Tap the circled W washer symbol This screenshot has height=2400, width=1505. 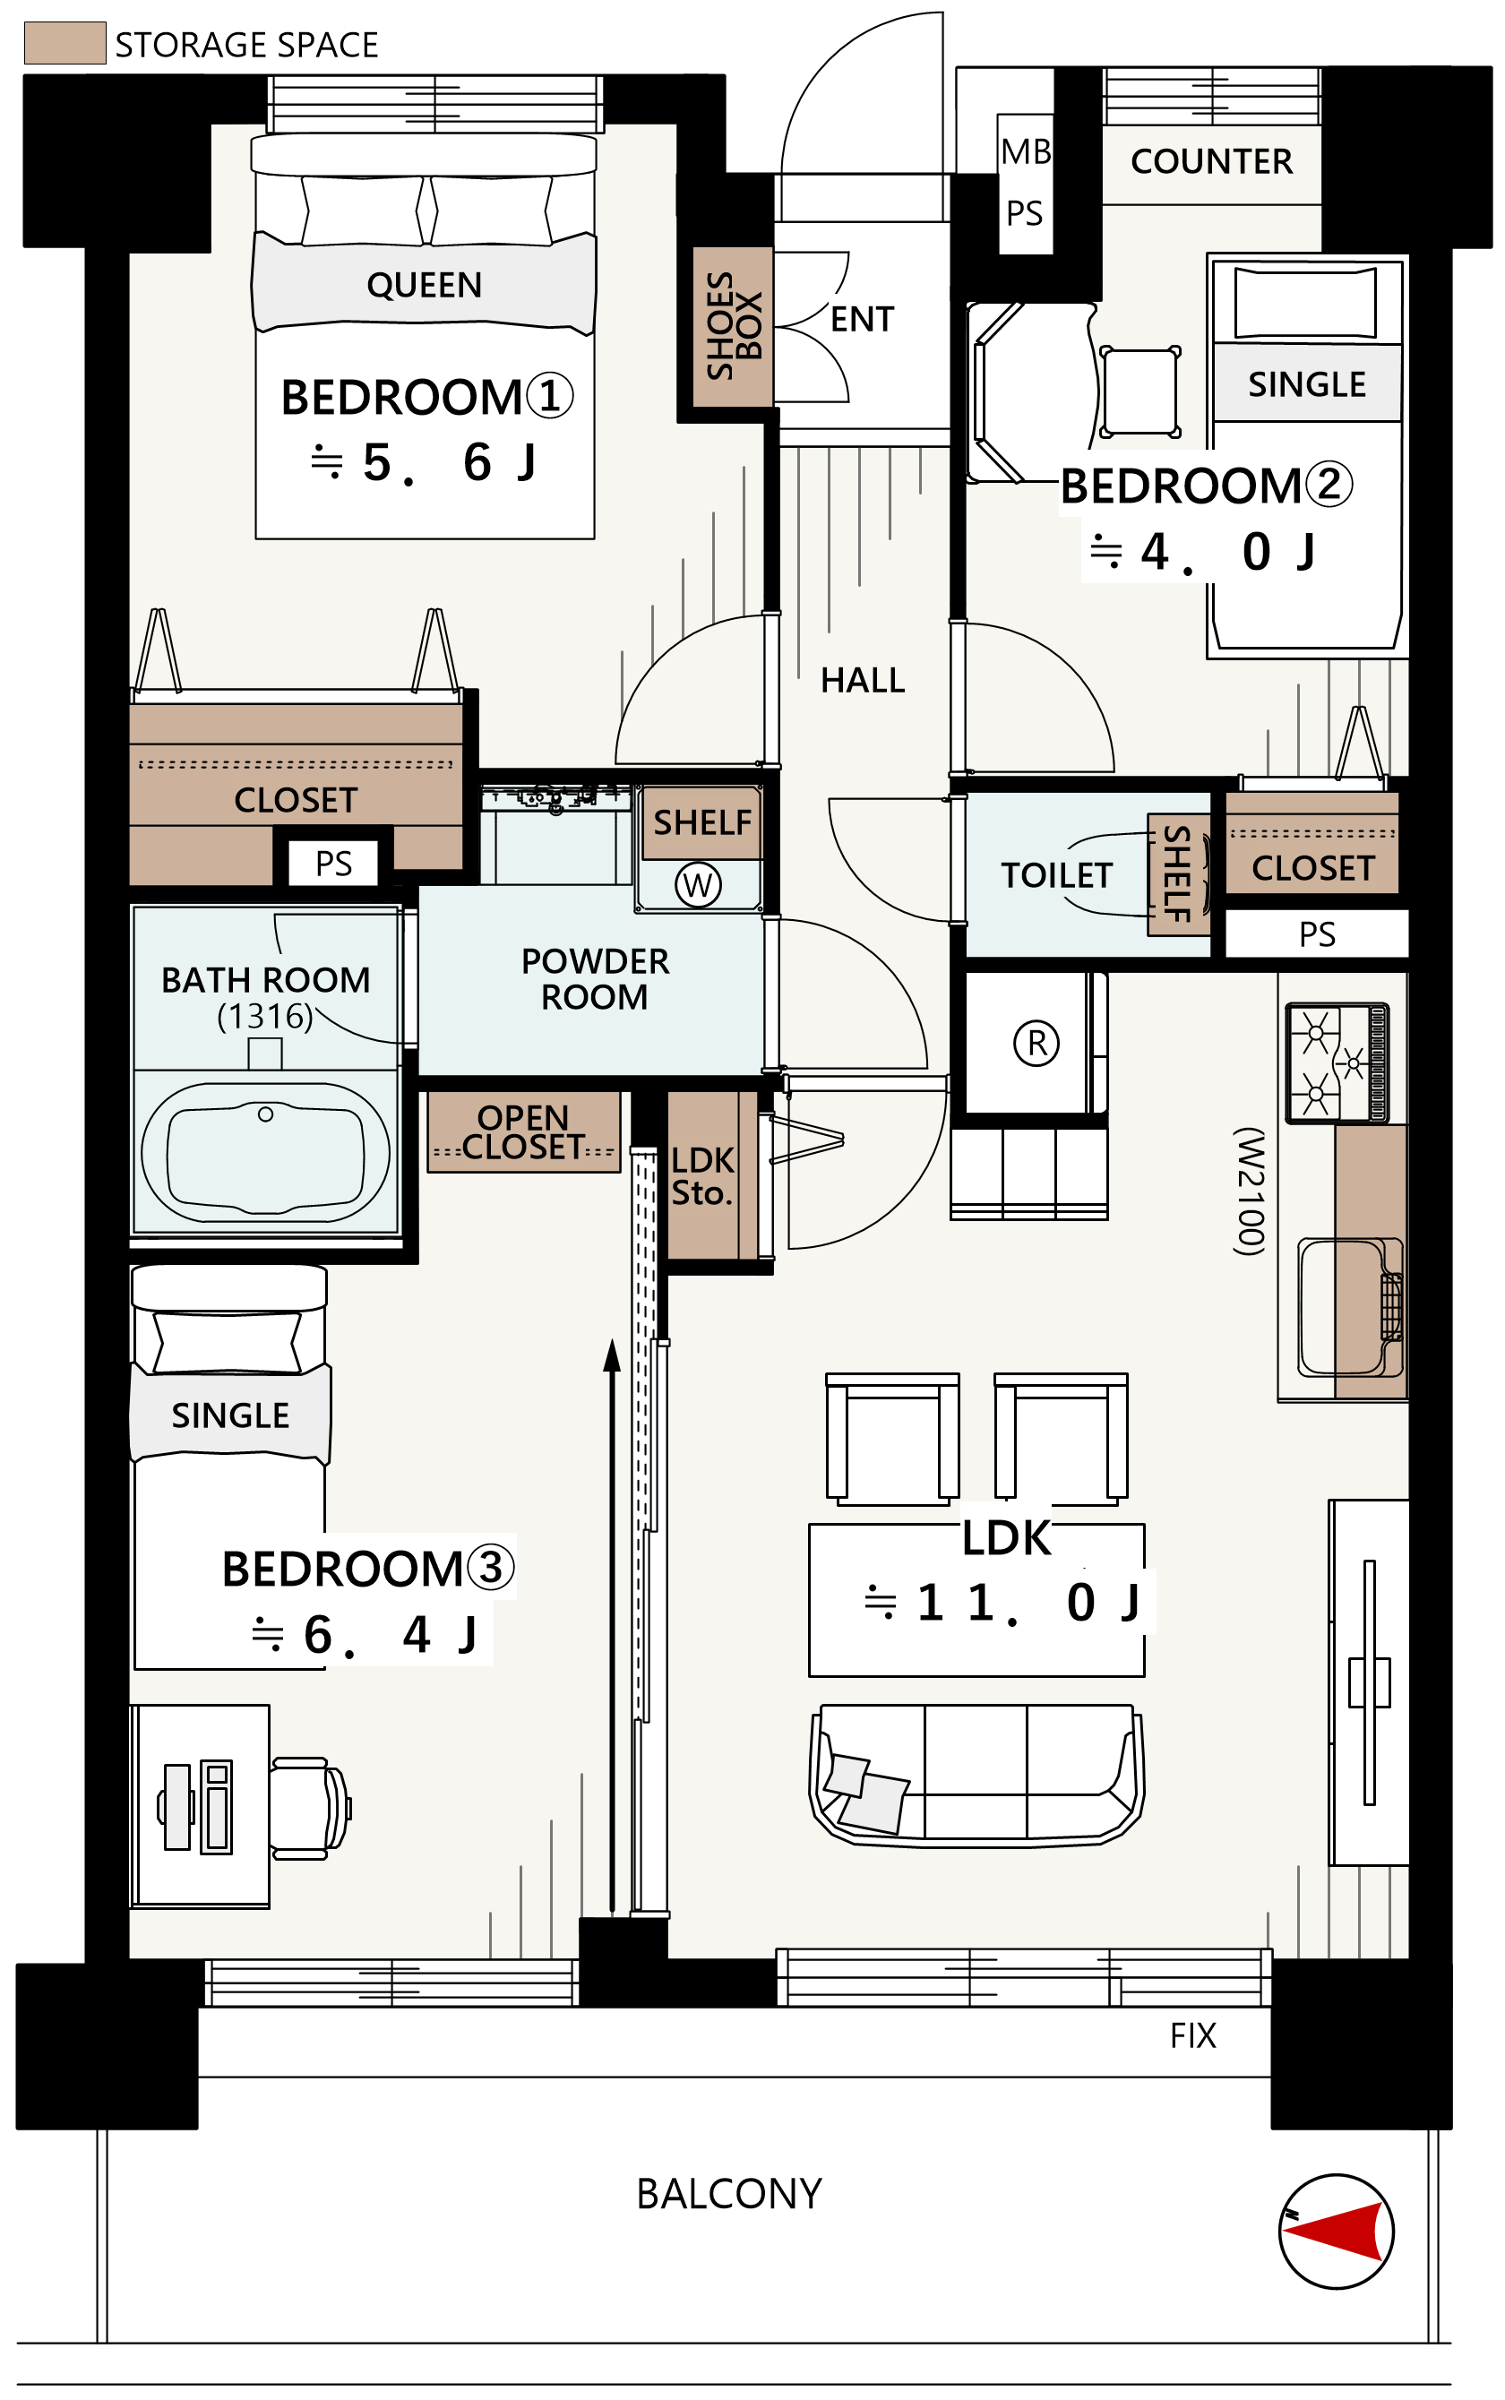coord(698,884)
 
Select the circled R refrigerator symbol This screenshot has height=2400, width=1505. coord(1036,1043)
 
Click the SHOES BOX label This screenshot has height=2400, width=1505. coord(734,325)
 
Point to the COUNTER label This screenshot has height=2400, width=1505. coord(1211,161)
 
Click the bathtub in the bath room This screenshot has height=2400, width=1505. coord(265,1153)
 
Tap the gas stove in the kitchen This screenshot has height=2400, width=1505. coord(1337,1062)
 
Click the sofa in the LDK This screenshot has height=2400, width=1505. coord(976,1775)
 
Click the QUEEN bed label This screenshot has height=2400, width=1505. coord(424,286)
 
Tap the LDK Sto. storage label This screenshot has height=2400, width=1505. coord(701,1176)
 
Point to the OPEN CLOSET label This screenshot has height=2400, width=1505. coord(522,1131)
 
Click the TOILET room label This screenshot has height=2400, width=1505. coord(1056,875)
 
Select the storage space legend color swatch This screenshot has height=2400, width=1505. coord(64,43)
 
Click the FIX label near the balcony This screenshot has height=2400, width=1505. coord(1192,2035)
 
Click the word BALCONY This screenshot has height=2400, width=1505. coord(728,2194)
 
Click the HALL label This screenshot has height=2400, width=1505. coord(862,680)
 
